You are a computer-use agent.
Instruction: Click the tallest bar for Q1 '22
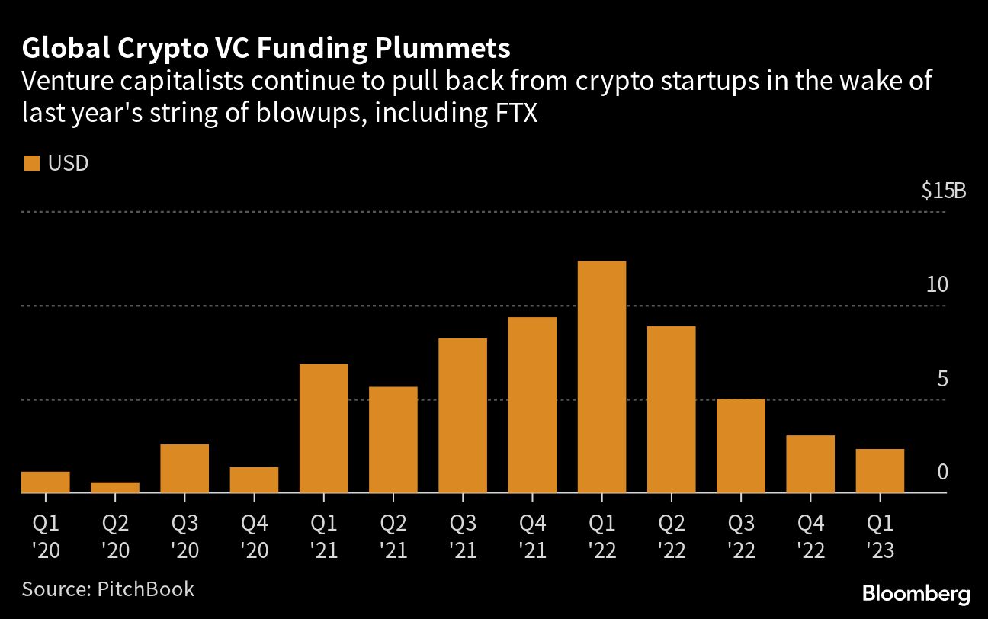[x=601, y=377]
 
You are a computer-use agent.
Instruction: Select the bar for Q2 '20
[x=115, y=487]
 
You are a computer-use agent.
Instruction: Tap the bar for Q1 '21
[x=323, y=428]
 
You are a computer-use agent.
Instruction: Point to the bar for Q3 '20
[x=184, y=468]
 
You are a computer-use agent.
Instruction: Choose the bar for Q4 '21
[x=532, y=405]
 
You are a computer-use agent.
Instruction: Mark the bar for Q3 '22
[x=741, y=446]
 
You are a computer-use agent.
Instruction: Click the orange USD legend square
[x=31, y=164]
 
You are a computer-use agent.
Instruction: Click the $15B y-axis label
[x=943, y=191]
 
